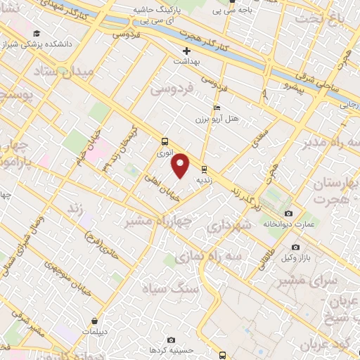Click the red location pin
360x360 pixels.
click(181, 165)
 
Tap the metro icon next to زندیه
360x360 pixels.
click(204, 169)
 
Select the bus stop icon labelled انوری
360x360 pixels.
click(165, 141)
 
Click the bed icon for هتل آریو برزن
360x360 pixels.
click(217, 108)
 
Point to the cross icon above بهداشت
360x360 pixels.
click(186, 51)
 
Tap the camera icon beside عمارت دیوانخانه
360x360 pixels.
click(288, 213)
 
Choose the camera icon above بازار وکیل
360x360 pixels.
click(295, 247)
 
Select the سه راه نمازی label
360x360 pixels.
click(220, 257)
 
